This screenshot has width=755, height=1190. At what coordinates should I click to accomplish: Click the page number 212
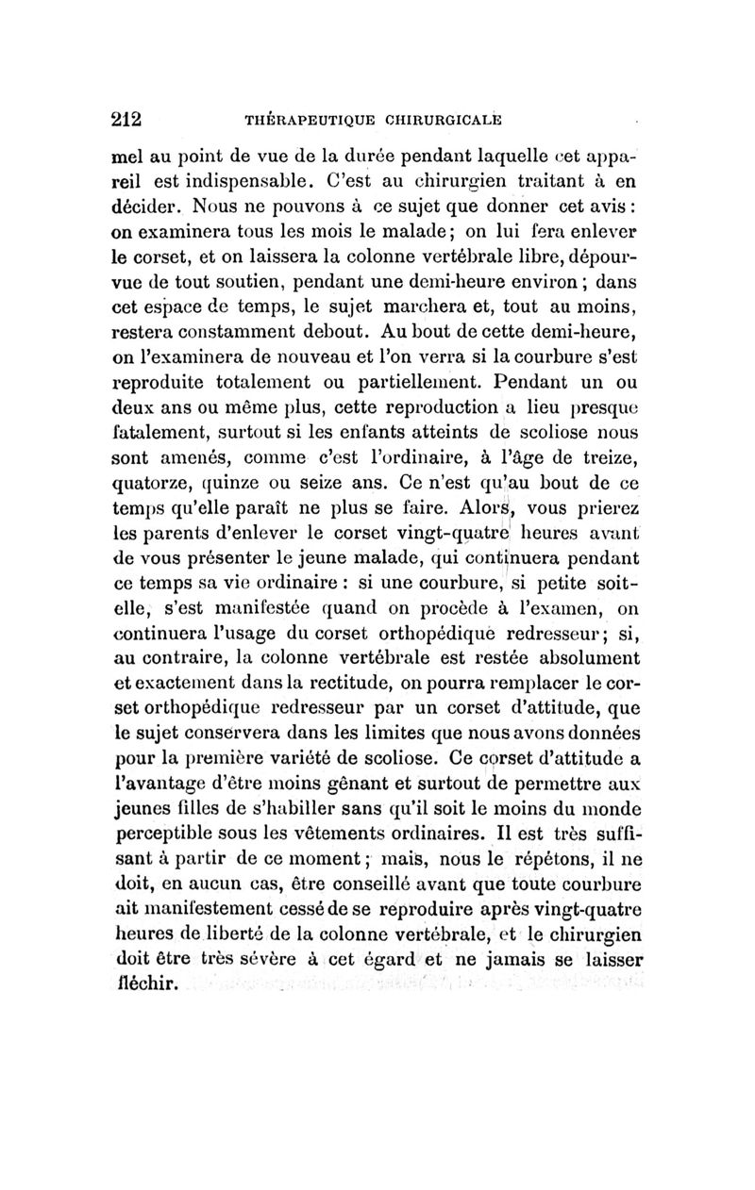point(125,120)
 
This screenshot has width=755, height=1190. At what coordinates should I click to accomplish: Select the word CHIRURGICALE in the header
point(438,121)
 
